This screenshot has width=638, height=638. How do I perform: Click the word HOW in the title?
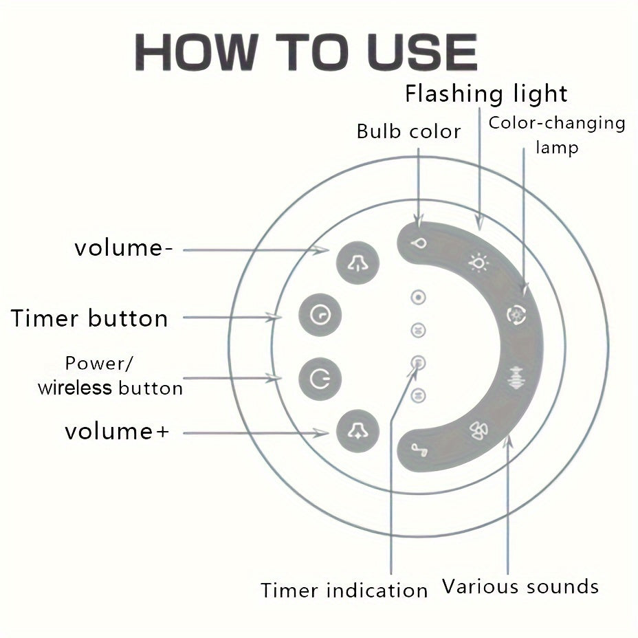coord(196,52)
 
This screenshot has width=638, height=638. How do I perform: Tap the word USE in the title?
coord(422,52)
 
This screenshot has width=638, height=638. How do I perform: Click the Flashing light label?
coord(486,95)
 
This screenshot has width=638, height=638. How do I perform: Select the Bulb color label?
coord(408,131)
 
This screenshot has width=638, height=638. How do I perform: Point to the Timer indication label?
coord(344,590)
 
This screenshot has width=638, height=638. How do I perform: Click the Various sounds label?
coord(520,586)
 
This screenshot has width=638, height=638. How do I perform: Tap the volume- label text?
coord(124,248)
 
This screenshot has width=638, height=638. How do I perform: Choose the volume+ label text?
coord(117,432)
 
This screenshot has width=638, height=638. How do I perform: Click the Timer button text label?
coord(89,318)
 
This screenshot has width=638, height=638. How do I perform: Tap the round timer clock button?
coord(320,315)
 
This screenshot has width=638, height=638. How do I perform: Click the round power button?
coord(320,379)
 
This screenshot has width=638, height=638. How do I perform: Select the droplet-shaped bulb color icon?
coord(419,243)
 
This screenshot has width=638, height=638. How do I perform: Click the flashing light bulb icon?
coord(478,263)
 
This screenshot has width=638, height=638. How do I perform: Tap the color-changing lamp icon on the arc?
coord(516,315)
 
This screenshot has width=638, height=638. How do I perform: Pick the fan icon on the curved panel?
coord(478,430)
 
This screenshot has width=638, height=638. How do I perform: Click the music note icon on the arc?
coord(419,450)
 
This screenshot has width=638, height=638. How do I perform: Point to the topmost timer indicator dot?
coord(418,298)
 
